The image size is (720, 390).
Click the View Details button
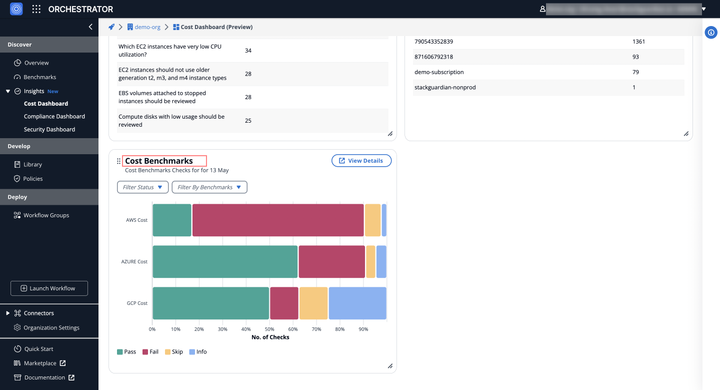361,161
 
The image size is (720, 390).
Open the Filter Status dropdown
142,187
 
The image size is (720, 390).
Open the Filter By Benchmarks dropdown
209,187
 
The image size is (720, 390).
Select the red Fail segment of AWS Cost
278,220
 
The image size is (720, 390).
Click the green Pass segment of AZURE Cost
225,262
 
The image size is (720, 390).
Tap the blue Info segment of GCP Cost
357,303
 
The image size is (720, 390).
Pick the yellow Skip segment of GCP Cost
313,303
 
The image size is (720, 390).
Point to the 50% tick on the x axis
269,329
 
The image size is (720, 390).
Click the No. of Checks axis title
270,337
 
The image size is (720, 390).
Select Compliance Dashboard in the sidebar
54,117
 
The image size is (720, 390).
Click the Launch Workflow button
49,288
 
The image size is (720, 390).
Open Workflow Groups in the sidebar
46,215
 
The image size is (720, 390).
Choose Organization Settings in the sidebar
51,328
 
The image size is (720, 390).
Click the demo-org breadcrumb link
147,27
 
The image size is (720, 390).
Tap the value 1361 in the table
638,42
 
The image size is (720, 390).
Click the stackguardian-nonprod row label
445,88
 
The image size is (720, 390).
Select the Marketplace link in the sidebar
40,363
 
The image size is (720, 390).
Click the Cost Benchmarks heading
159,161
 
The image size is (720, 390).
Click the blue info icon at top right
711,33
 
